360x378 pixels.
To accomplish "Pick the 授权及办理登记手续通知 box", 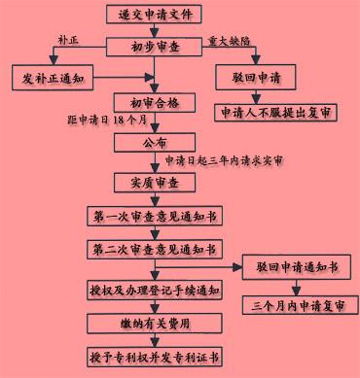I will pos(156,290).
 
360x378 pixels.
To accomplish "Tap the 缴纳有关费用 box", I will pos(156,323).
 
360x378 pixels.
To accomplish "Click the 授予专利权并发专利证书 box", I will pos(156,356).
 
